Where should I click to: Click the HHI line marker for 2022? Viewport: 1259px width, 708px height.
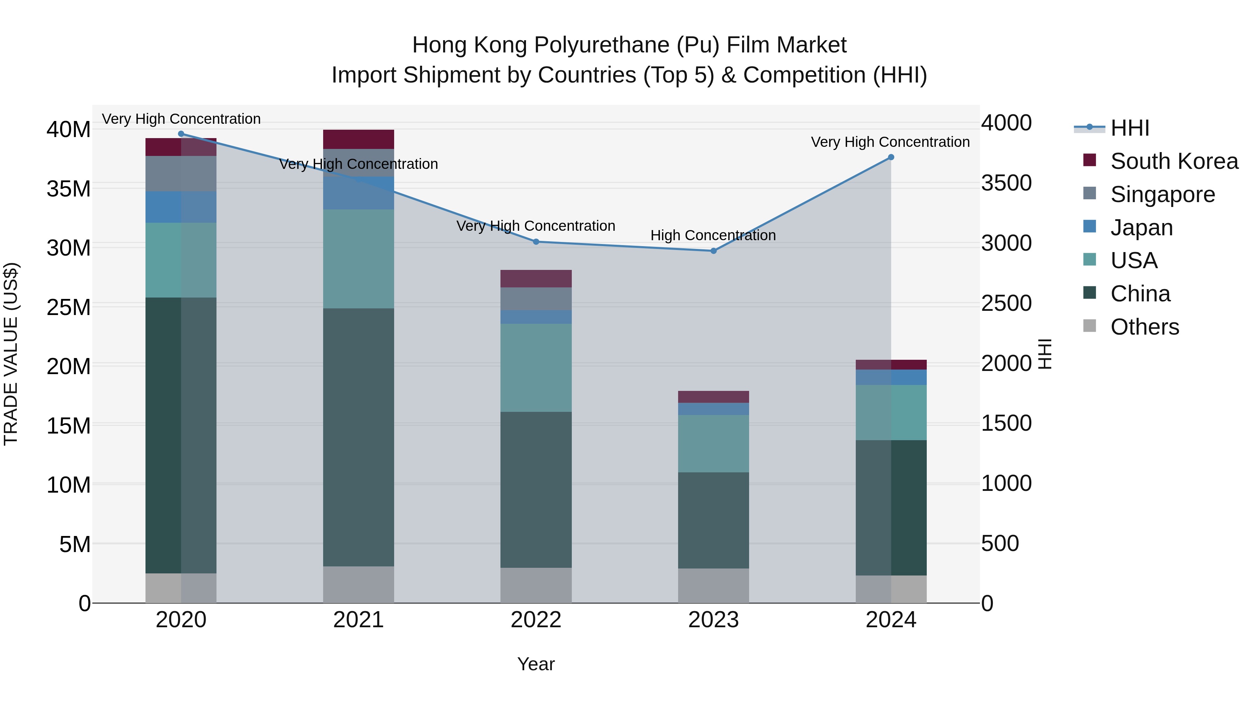pos(536,241)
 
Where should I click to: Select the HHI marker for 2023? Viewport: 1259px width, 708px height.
pos(713,251)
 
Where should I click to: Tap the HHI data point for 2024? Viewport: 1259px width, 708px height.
pos(890,157)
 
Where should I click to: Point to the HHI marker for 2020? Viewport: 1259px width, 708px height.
pos(181,134)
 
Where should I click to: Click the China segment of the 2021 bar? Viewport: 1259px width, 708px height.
pos(358,437)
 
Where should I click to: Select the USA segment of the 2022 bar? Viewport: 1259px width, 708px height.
pos(536,367)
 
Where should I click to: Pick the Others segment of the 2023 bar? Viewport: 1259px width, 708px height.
pos(713,585)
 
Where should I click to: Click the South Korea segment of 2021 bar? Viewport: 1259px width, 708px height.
pos(358,139)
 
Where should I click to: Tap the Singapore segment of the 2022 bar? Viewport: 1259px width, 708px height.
pos(536,299)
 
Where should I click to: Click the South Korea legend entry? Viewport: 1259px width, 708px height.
pos(1174,161)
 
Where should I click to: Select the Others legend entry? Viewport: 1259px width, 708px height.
pos(1144,327)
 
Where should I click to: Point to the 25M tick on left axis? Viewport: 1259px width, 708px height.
pos(69,307)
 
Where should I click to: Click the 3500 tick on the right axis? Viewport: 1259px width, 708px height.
pos(1006,183)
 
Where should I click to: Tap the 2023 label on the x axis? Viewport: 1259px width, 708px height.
pos(713,620)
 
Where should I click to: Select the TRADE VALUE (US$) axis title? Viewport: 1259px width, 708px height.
pos(11,354)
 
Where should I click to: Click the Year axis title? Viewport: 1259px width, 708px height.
pos(536,664)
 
